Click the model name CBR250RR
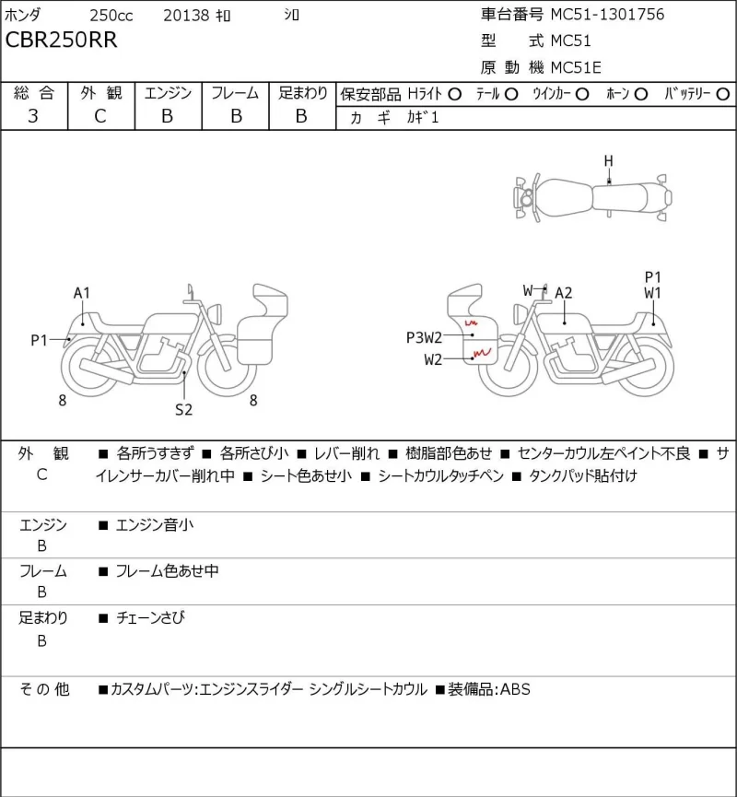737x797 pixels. [x=61, y=41]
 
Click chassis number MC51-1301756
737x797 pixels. [x=607, y=14]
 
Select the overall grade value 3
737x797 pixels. [x=33, y=116]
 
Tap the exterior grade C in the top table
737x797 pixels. [x=100, y=116]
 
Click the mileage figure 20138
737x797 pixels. [x=186, y=16]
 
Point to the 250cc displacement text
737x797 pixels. [x=111, y=16]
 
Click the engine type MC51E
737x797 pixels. [x=576, y=67]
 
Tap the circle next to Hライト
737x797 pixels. [x=455, y=94]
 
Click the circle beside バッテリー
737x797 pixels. [x=722, y=94]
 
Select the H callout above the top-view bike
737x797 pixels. [x=608, y=161]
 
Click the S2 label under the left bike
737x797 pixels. [x=183, y=410]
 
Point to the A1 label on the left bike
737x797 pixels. [x=82, y=293]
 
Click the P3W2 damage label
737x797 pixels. [x=424, y=337]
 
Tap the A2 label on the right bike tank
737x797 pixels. [x=563, y=293]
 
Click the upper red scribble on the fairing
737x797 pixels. [x=471, y=322]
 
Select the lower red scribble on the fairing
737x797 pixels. [x=482, y=352]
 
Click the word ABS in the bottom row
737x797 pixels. [x=515, y=689]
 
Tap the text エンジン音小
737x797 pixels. [x=155, y=524]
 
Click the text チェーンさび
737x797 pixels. [x=150, y=617]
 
